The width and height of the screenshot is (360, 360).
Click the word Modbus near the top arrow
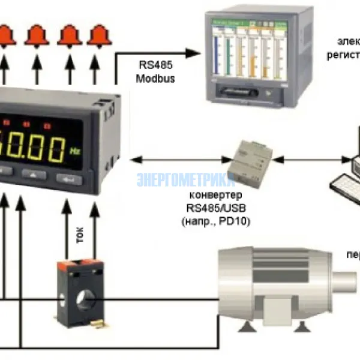(155, 79)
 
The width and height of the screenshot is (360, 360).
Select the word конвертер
(217, 196)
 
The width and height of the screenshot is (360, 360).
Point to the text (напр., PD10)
(216, 221)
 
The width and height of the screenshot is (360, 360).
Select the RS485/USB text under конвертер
(217, 208)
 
